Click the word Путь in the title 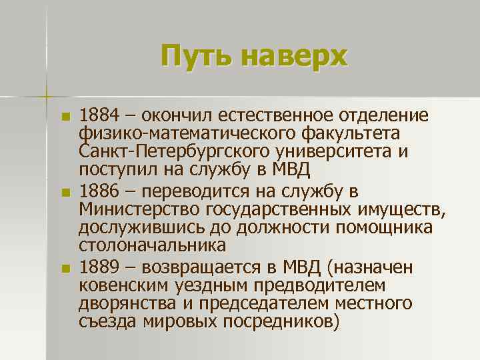196,56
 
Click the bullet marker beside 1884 65,117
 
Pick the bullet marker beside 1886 65,193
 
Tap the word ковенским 123,287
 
